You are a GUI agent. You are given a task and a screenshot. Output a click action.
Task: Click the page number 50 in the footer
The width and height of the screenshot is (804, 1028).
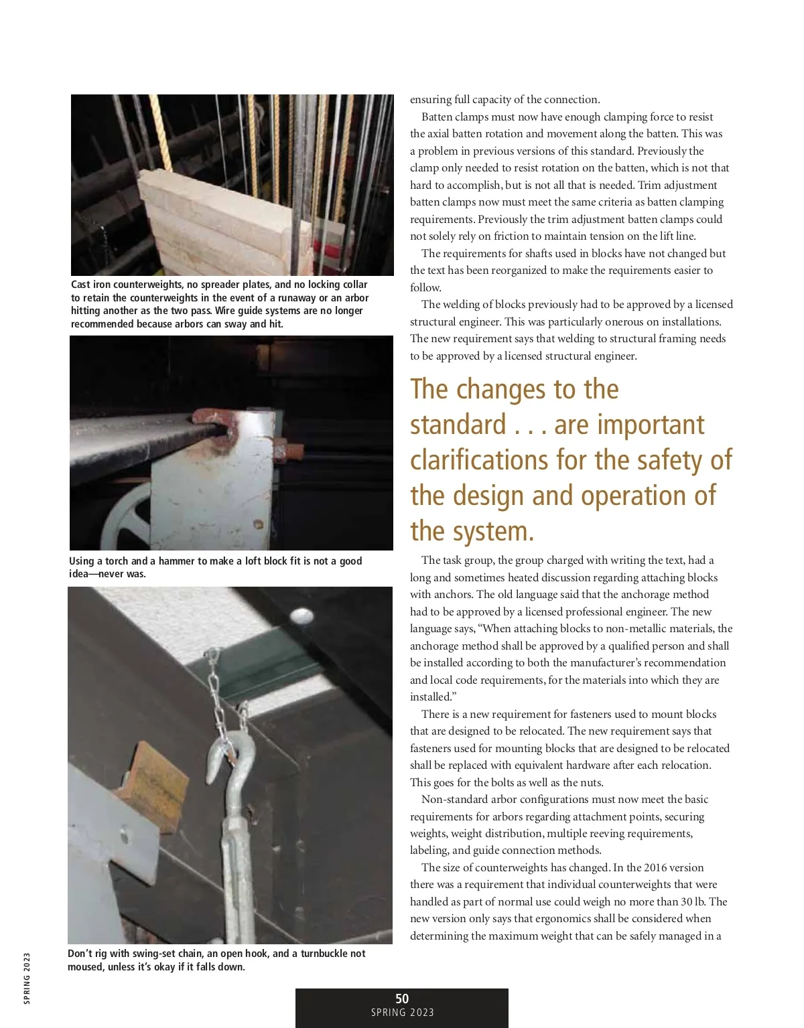(x=402, y=999)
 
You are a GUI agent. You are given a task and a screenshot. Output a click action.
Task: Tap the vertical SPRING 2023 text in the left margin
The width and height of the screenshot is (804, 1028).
(x=27, y=978)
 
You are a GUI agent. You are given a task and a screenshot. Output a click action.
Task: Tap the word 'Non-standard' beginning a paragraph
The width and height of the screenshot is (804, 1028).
(x=453, y=800)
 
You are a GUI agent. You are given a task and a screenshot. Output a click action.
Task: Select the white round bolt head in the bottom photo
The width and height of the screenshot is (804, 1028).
(x=301, y=615)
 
